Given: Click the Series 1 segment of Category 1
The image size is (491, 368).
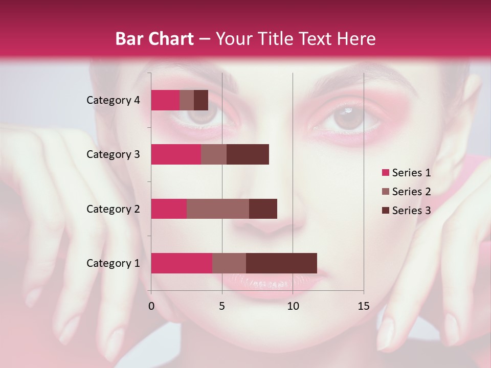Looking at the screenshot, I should coord(182,263).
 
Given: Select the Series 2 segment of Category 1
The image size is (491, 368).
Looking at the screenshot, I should coord(229,263).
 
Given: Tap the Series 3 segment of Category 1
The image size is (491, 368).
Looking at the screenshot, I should coord(281,263).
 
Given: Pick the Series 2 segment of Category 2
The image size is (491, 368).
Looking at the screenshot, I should coord(218,209).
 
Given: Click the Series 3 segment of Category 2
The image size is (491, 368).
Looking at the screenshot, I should coord(263,209).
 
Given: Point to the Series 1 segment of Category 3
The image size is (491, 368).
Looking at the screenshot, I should coord(176,154).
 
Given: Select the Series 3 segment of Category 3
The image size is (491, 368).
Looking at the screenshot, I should coord(248,154).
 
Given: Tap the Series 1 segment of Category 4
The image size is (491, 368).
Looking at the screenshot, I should coord(165,100).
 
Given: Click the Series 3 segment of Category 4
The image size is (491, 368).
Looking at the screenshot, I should coord(201,100).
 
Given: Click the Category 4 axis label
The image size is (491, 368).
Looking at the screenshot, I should coord(113,100).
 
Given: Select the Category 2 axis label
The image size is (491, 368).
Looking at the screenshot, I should coord(113,209).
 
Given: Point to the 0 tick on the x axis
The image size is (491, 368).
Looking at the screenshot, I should coord(151,306).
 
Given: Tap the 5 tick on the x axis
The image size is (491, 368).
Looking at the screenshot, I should coord(222,306).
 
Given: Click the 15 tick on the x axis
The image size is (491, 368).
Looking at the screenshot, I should coord(364,306).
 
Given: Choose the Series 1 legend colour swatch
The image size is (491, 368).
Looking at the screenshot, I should coord(386,173).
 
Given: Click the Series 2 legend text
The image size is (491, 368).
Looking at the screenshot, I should coord(411,192).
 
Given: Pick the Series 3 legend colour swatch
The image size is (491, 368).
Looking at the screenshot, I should coord(386,211).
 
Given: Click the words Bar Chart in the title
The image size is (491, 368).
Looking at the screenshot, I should coord(154,39).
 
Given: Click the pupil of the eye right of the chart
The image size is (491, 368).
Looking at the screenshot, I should coord(347,119).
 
